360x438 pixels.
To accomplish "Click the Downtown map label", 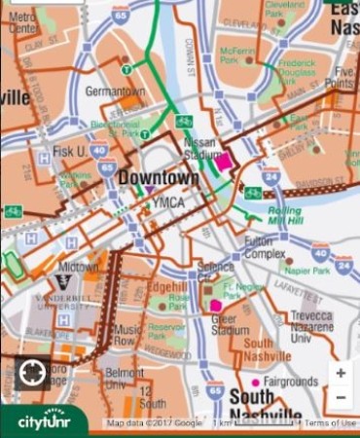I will click(x=159, y=179).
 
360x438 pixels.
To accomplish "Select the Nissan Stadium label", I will click(x=199, y=147).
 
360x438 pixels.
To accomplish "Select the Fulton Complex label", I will click(x=264, y=247).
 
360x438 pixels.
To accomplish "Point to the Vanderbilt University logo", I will click(x=63, y=282).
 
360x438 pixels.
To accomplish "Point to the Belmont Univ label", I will click(x=124, y=378).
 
